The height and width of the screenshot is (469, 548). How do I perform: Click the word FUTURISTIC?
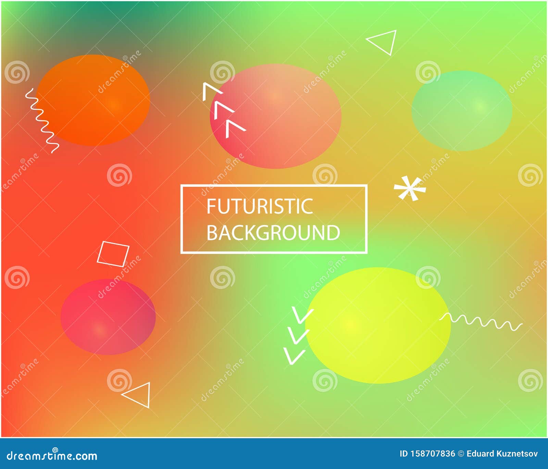[260, 206]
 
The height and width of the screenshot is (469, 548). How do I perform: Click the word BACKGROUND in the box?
[273, 233]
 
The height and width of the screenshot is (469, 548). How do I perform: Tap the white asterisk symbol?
[409, 188]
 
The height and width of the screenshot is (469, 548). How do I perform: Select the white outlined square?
[113, 254]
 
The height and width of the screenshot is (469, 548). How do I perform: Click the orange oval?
[93, 100]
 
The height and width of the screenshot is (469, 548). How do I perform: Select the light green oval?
[462, 110]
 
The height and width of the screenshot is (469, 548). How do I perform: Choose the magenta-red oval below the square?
[108, 317]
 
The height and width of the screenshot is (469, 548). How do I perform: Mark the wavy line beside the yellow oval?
[481, 321]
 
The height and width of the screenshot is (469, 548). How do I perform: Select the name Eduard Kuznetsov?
[502, 454]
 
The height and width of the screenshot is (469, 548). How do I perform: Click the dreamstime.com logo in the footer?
[52, 455]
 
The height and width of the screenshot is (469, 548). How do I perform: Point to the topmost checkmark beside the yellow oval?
[302, 315]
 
